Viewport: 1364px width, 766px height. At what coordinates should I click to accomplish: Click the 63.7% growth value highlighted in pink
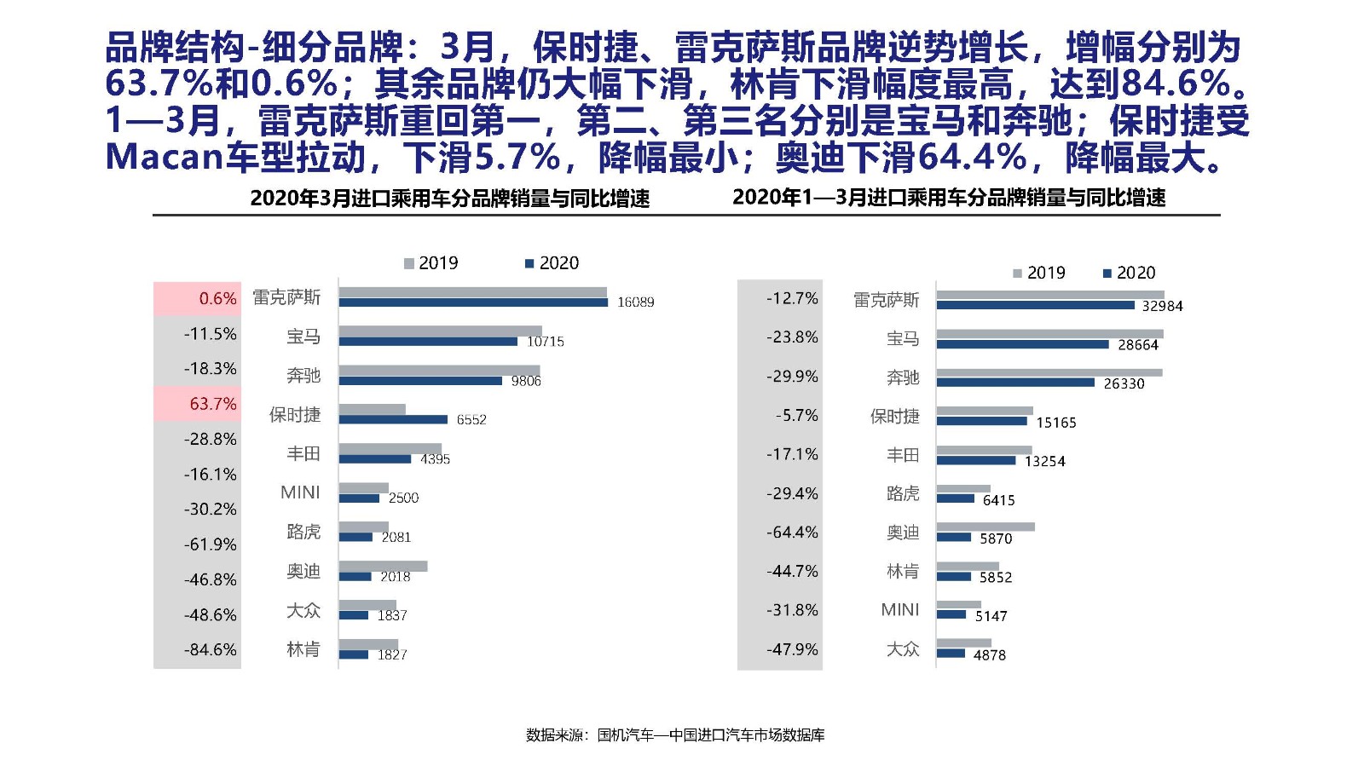(x=212, y=404)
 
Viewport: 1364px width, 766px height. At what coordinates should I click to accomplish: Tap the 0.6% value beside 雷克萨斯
(x=217, y=298)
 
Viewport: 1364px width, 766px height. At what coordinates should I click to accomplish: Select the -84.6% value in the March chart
(x=210, y=649)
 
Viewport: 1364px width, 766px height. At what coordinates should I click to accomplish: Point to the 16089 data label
(x=635, y=302)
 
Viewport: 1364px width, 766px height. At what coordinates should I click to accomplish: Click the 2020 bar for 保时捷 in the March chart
(x=393, y=419)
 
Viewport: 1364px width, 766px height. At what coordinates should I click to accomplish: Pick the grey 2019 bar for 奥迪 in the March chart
(x=383, y=566)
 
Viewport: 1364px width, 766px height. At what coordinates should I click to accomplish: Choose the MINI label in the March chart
(x=300, y=492)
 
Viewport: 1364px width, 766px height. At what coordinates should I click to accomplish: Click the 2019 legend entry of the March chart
(x=431, y=263)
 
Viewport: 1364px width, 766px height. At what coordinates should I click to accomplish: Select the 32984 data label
(x=1162, y=306)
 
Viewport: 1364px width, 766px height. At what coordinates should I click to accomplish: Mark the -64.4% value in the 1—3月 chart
(x=792, y=533)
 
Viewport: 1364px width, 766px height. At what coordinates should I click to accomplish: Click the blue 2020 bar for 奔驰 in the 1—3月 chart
(x=1014, y=383)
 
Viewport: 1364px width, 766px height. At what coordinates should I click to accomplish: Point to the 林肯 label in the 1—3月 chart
(x=902, y=571)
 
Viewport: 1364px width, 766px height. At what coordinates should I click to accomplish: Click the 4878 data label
(x=989, y=655)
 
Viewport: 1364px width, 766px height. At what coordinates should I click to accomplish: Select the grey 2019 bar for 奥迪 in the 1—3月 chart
(x=985, y=527)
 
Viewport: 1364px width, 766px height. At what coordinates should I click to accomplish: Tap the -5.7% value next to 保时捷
(x=796, y=416)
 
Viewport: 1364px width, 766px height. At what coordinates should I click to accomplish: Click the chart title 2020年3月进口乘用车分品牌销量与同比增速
(x=449, y=199)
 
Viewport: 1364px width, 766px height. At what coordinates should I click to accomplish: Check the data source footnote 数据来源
(x=675, y=734)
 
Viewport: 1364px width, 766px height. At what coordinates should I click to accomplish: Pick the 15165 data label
(x=1055, y=423)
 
